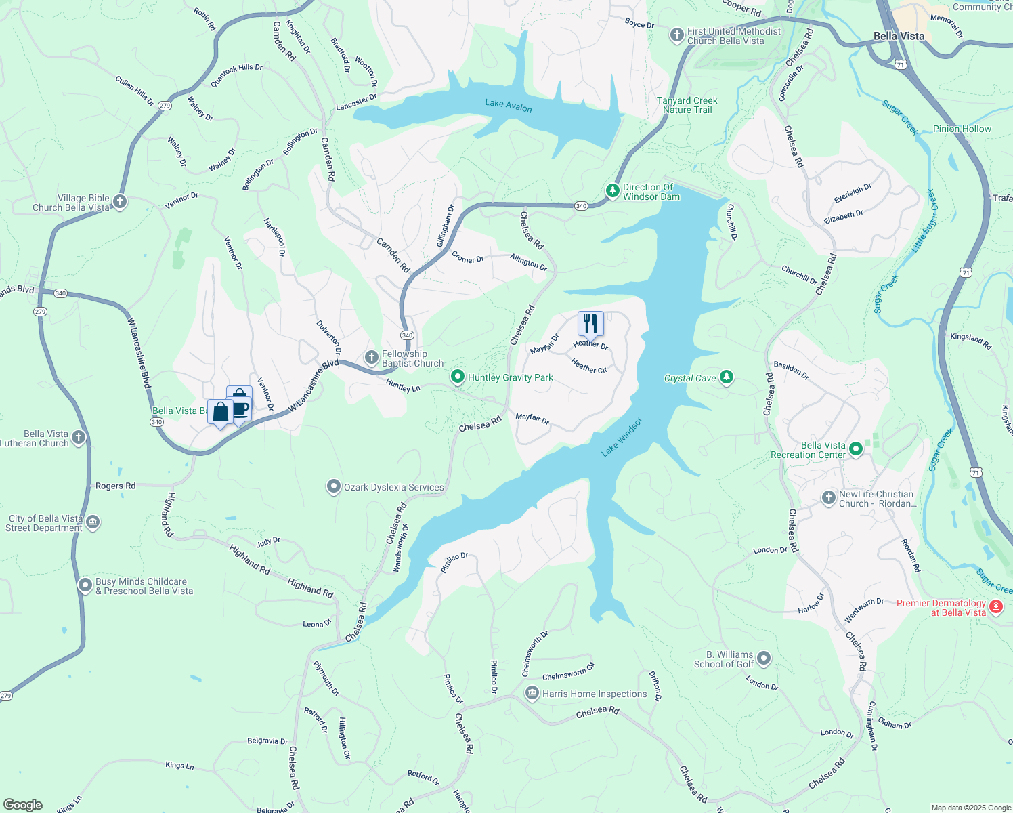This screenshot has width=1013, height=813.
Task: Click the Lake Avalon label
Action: pos(508,105)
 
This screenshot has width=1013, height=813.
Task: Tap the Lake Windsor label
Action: pos(622,437)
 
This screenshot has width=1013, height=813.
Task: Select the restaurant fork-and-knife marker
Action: pos(590,324)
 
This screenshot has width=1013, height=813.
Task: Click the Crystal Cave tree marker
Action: pos(727,377)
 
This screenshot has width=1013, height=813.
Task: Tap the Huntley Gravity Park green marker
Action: pos(458,377)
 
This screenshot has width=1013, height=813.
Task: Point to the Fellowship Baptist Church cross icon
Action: pos(371,358)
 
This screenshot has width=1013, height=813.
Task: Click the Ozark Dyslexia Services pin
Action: pos(333,486)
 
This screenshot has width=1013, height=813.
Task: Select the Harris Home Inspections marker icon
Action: pos(532,693)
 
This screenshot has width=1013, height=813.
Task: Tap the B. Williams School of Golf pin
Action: pos(764,659)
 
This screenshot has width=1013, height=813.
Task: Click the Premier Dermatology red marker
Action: pos(995,606)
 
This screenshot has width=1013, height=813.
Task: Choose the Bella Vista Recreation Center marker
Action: pos(856,449)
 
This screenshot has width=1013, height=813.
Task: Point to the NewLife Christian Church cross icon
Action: pos(828,498)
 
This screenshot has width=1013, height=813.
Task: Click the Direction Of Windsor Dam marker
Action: pos(612,191)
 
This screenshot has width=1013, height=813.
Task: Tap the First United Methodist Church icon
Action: pos(676,35)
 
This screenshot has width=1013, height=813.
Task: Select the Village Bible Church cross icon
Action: pos(120,202)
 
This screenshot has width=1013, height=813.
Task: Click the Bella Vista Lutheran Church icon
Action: pos(79,438)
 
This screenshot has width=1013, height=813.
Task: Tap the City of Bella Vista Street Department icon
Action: pos(93,522)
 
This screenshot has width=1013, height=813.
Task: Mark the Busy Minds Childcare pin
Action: pos(85,585)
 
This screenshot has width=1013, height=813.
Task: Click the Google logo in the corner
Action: pos(23,804)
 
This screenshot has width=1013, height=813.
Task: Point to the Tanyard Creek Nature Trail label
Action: pos(687,105)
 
